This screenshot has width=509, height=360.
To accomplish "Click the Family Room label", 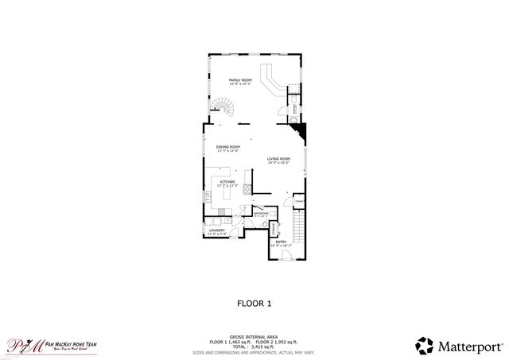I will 240,80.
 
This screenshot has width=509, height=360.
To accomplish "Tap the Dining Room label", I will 228,147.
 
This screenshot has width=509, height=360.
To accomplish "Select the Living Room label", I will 278,160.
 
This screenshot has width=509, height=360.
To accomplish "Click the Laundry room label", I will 216,230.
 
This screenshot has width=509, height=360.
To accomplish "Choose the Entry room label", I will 281,242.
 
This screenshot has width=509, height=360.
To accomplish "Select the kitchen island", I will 229,193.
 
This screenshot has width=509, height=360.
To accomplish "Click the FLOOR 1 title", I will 254,303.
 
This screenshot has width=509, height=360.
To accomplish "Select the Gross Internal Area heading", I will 254,336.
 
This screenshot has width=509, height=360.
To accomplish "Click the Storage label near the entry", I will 274,229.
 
